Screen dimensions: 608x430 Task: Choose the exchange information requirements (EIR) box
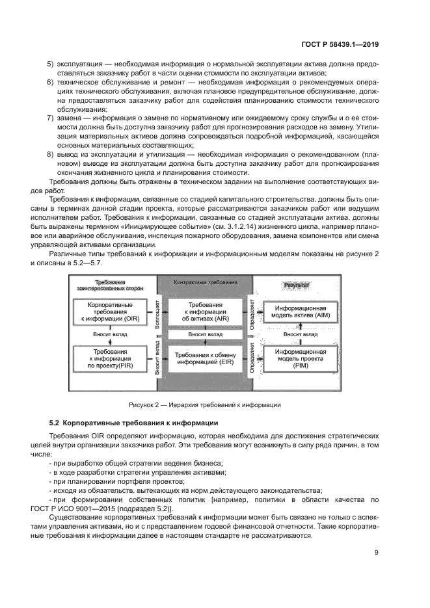click(202, 358)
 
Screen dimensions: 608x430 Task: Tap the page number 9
click(377, 553)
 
